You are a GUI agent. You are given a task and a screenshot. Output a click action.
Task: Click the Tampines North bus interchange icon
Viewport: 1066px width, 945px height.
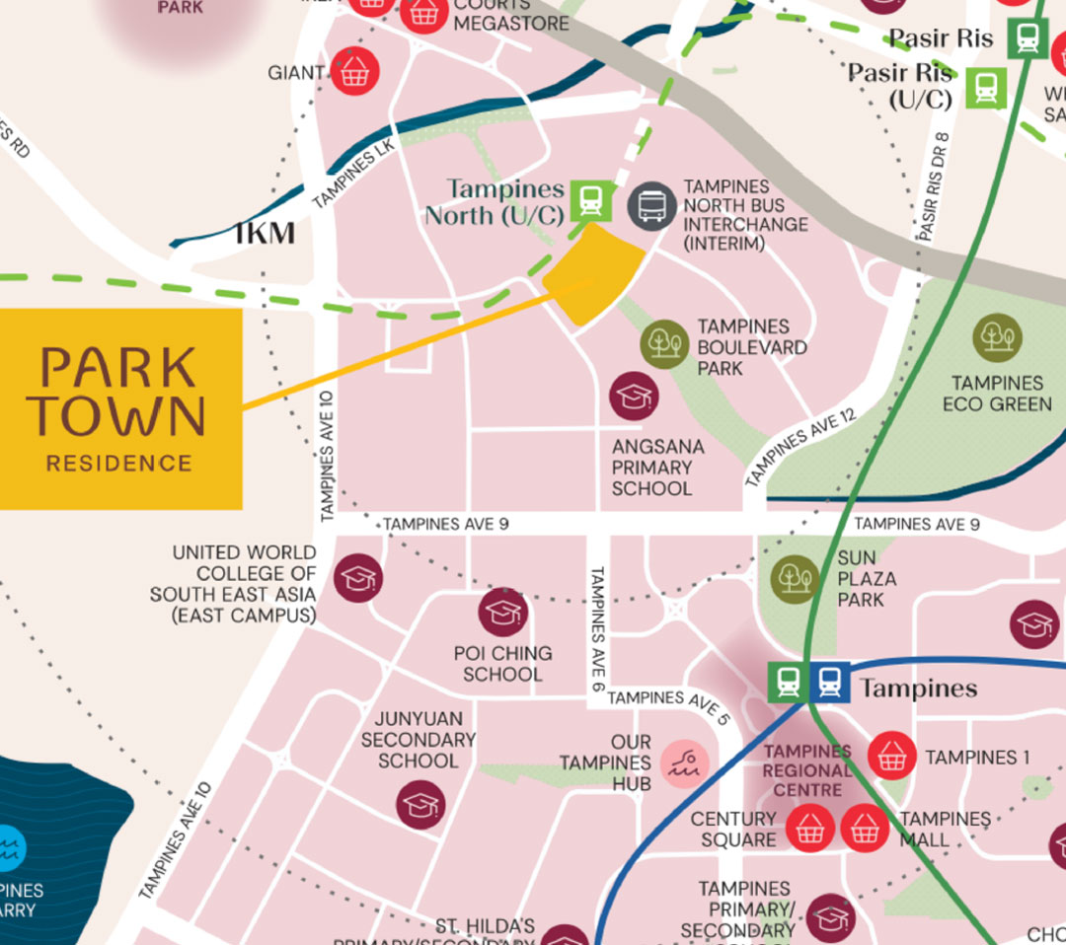(651, 205)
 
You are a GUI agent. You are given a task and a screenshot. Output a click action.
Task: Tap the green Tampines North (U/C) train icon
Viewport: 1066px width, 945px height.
(590, 201)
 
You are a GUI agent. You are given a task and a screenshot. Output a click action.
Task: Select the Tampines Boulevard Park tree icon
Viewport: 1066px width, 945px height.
(664, 344)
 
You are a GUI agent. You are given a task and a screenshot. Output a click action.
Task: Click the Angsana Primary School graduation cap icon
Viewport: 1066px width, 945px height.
(633, 397)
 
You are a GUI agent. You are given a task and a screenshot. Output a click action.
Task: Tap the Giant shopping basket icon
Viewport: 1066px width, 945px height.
(354, 72)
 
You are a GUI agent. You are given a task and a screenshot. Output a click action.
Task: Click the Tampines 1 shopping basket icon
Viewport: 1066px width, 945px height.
(892, 756)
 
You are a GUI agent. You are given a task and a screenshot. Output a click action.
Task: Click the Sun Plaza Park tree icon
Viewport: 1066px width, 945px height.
(796, 577)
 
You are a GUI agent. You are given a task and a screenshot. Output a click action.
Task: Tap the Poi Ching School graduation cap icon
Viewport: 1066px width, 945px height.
(503, 613)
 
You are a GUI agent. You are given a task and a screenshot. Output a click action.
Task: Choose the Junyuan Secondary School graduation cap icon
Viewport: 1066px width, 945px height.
(420, 804)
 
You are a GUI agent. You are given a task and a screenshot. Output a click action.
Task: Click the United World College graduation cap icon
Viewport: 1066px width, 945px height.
(357, 578)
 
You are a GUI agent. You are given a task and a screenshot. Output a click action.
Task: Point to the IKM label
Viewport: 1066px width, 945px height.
(265, 234)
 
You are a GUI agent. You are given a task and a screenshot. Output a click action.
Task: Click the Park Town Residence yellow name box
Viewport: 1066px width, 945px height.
(119, 408)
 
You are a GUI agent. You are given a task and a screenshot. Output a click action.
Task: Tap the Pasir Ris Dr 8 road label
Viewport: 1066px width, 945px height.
(932, 187)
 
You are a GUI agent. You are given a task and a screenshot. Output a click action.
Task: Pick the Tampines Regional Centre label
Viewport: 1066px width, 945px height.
(807, 770)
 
